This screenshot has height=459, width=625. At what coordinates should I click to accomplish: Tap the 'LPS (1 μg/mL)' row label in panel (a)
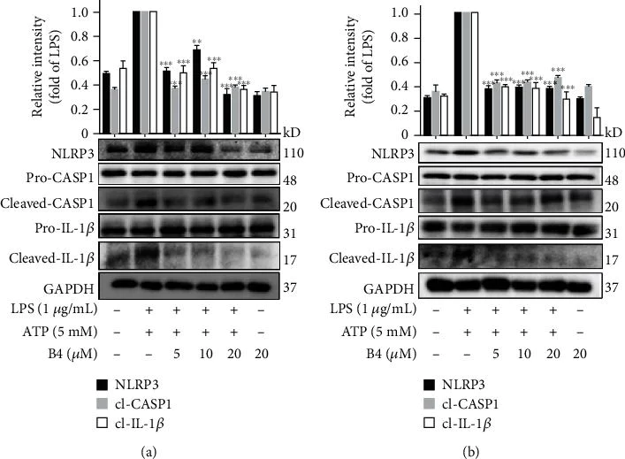(50, 310)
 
